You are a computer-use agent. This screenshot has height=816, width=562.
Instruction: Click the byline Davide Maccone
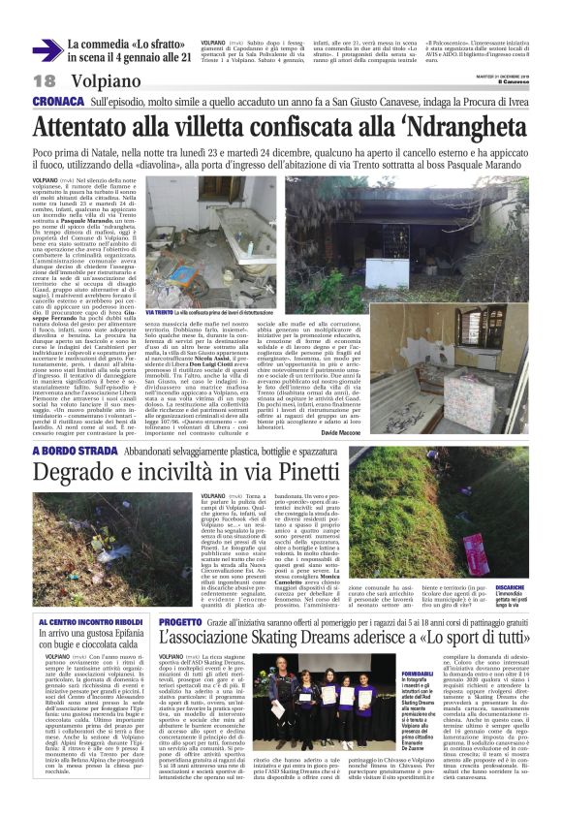click(x=507, y=403)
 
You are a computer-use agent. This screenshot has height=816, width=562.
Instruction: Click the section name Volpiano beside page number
click(x=104, y=82)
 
